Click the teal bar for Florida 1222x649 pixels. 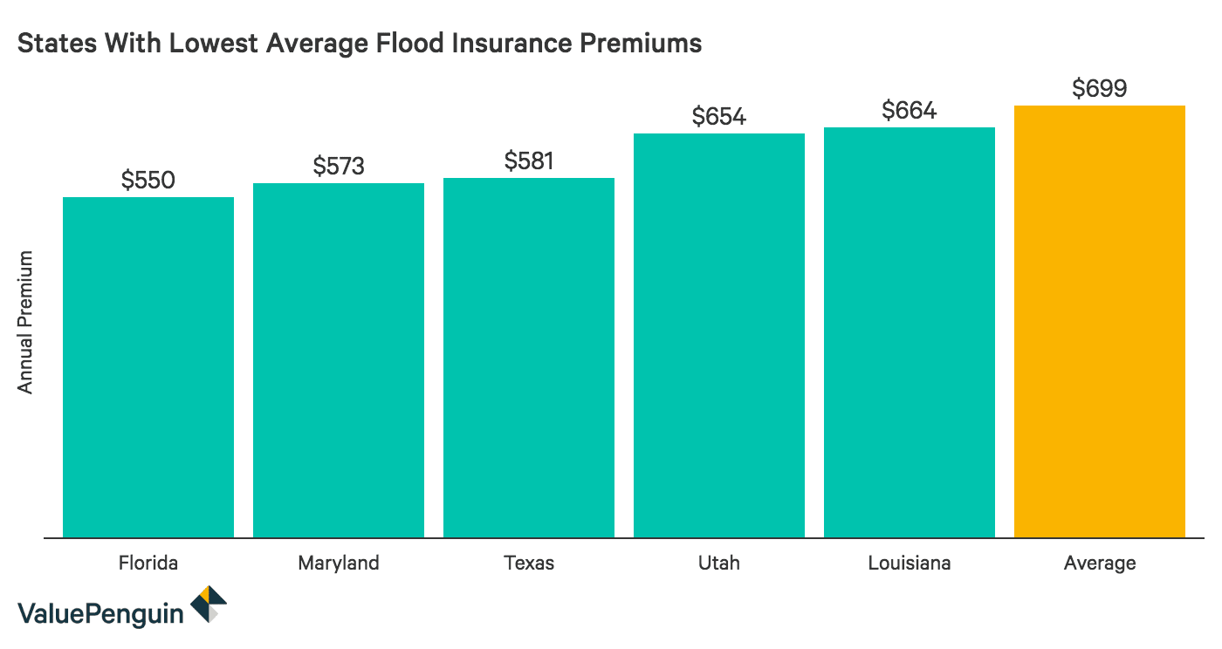[148, 366]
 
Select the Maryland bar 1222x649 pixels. [339, 359]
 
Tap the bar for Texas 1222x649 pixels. [529, 358]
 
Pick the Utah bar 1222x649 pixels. [719, 335]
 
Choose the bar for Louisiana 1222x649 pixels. [910, 331]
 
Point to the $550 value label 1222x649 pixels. [148, 180]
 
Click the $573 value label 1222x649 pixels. [339, 166]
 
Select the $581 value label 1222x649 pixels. [529, 161]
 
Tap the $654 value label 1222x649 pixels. [719, 116]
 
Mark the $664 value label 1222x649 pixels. [910, 110]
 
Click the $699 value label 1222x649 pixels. [1100, 88]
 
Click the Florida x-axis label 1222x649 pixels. [148, 563]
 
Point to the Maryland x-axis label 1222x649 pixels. [339, 563]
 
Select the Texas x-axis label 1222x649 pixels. [529, 563]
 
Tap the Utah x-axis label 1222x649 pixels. [719, 563]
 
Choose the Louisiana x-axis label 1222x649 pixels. [910, 563]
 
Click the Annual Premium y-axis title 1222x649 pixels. [25, 322]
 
